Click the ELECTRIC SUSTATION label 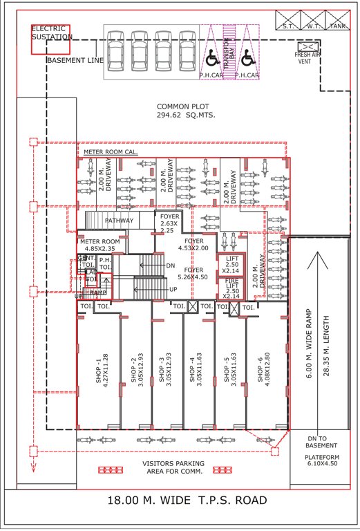point(51,33)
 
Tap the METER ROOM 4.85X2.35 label point(100,245)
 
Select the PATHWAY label point(119,221)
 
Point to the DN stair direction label point(171,265)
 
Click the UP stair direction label point(173,290)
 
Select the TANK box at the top point(337,26)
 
